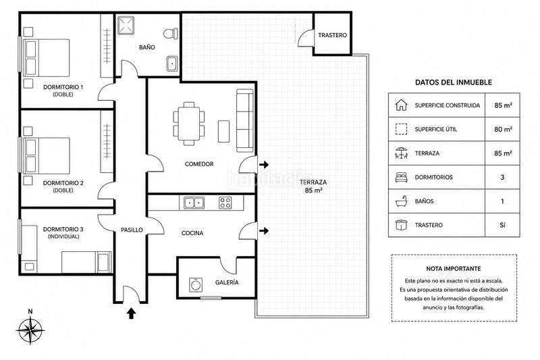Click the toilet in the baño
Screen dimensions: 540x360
pyautogui.click(x=171, y=34)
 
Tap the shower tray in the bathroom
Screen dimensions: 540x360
pyautogui.click(x=126, y=25)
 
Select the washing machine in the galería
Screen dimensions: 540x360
pyautogui.click(x=196, y=285)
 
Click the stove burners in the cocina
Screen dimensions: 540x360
pyautogui.click(x=225, y=203)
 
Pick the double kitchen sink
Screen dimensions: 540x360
pyautogui.click(x=194, y=203)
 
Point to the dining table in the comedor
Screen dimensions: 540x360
pyautogui.click(x=189, y=124)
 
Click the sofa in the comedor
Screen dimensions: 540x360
pyautogui.click(x=245, y=121)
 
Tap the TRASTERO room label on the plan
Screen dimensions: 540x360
pyautogui.click(x=332, y=35)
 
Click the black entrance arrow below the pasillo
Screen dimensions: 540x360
pyautogui.click(x=131, y=313)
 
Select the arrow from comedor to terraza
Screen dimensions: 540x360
pyautogui.click(x=264, y=165)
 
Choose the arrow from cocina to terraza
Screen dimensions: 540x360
pyautogui.click(x=264, y=230)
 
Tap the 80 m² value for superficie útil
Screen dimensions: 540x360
pyautogui.click(x=503, y=129)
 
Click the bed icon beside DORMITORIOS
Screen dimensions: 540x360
pyautogui.click(x=401, y=178)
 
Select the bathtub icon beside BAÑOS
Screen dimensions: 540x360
pyautogui.click(x=401, y=201)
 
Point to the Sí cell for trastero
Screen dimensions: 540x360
pyautogui.click(x=502, y=225)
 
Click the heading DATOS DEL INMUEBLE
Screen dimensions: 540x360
pyautogui.click(x=453, y=82)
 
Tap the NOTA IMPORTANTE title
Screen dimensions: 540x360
pyautogui.click(x=454, y=269)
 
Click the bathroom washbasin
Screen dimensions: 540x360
pyautogui.click(x=172, y=63)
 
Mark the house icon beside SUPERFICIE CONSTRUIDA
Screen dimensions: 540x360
pyautogui.click(x=401, y=105)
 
